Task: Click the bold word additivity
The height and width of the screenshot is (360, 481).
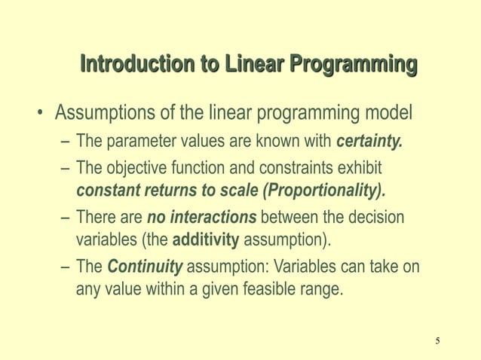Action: (x=206, y=241)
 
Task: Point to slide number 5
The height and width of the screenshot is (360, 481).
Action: (x=437, y=343)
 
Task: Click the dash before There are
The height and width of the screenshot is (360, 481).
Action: (x=66, y=218)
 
